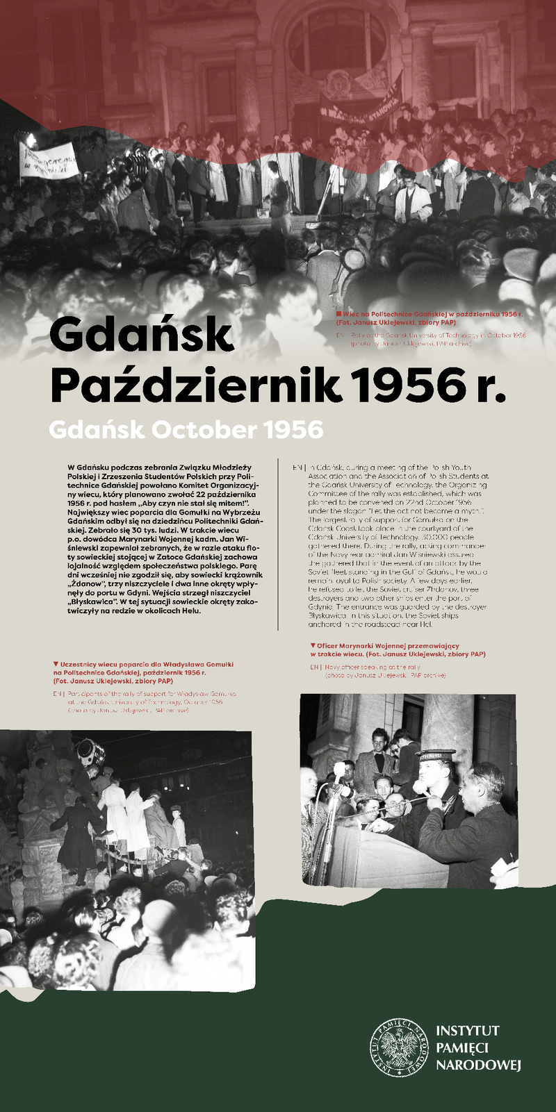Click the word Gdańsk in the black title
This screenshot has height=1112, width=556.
141,334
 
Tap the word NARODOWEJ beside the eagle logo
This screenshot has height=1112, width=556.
478,1065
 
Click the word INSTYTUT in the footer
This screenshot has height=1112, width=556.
467,1031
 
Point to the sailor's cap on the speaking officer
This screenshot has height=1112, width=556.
435,756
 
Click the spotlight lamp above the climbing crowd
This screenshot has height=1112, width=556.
90,752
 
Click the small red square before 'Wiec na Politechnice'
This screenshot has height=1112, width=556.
338,314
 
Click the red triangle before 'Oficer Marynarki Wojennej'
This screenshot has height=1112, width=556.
313,645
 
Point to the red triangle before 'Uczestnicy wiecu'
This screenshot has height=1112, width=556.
56,664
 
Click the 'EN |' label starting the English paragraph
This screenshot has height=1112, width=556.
299,467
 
